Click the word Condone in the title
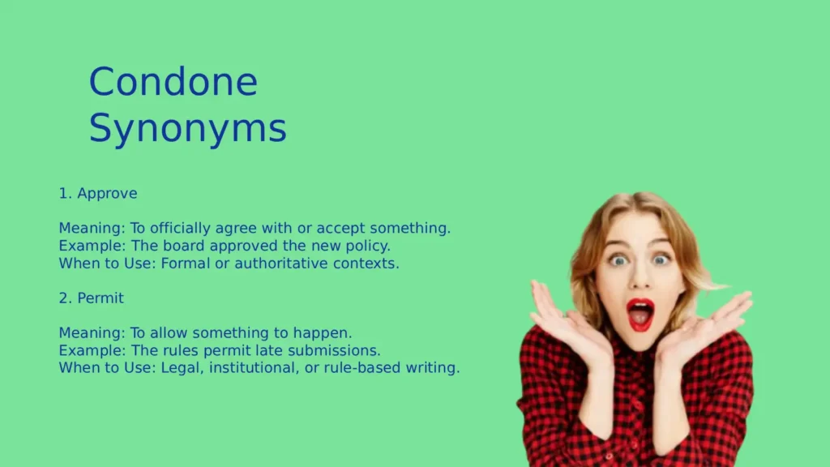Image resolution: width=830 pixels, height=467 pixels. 173,82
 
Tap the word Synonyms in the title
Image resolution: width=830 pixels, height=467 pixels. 187,129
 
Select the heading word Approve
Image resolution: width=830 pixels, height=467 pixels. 107,194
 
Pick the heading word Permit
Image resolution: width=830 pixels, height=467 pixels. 101,298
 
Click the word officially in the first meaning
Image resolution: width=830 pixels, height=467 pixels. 171,229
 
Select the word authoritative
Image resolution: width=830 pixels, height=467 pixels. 281,263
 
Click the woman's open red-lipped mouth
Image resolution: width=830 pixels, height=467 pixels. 640,314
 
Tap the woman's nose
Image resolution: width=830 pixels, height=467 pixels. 640,280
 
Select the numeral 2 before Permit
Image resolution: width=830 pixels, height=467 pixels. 62,298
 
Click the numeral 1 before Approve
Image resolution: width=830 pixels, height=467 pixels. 62,194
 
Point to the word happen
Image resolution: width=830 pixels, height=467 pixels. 327,333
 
